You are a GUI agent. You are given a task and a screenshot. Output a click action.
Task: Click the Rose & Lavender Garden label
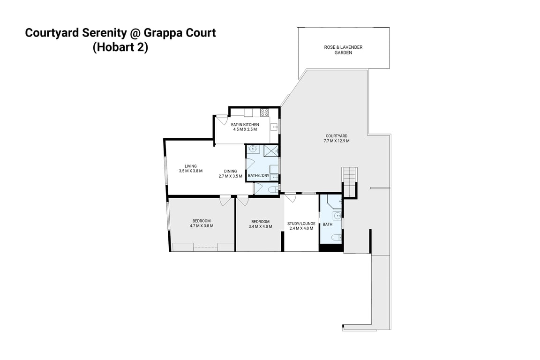point(343,50)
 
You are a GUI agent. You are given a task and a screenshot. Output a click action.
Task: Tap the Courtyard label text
point(336,138)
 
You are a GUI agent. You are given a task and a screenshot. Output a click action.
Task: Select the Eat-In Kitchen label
point(245,127)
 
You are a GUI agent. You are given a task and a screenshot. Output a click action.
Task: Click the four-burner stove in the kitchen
point(264,112)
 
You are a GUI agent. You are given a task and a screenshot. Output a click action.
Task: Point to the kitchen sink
point(273,126)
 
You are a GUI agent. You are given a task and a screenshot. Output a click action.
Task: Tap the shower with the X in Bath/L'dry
point(270,150)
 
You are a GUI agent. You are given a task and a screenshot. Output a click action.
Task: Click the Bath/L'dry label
point(258,176)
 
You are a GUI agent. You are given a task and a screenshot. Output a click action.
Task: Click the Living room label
point(190,168)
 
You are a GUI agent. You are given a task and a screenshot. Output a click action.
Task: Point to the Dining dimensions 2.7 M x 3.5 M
point(230,176)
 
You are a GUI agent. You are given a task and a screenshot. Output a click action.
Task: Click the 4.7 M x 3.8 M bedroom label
point(202,223)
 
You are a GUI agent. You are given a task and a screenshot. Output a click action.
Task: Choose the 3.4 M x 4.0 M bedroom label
point(260,224)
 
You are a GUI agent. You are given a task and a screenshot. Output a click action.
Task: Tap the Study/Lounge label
point(301,226)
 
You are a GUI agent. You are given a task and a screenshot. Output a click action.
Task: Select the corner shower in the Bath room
point(334,202)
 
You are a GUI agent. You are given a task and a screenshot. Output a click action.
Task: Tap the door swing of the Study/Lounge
point(291,198)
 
